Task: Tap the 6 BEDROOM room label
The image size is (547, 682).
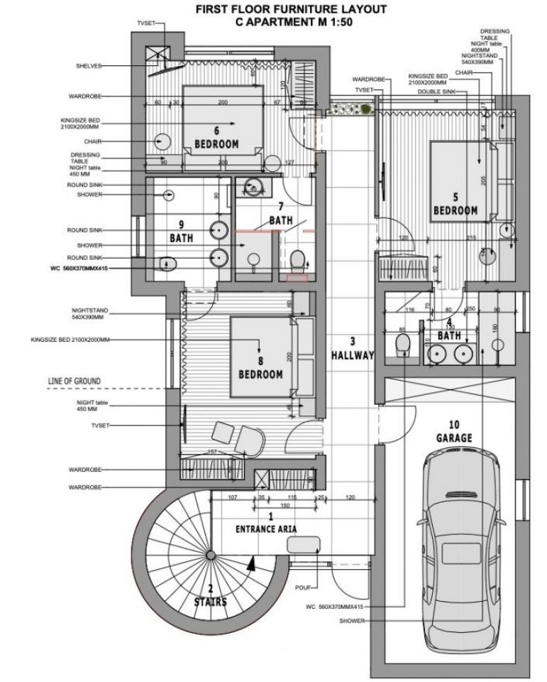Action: click(x=216, y=138)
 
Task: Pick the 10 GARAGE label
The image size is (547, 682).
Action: click(x=455, y=433)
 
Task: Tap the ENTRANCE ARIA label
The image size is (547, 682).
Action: click(x=266, y=529)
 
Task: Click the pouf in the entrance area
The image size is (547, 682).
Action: click(x=304, y=545)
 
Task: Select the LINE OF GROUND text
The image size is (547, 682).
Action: click(x=69, y=381)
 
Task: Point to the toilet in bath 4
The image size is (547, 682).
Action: click(x=402, y=347)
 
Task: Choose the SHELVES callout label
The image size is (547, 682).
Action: click(x=89, y=66)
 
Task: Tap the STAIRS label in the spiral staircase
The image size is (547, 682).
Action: click(x=211, y=601)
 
